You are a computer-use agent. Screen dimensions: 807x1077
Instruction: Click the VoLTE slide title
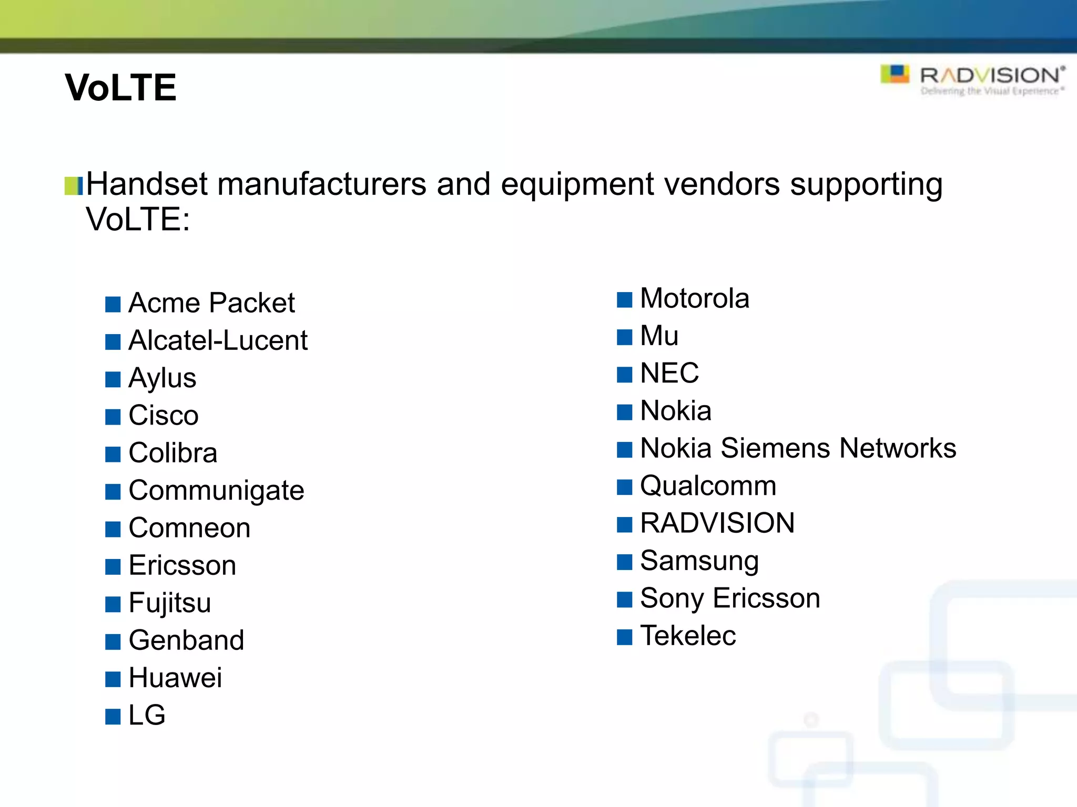(120, 87)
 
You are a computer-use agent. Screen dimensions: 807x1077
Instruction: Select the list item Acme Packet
(211, 303)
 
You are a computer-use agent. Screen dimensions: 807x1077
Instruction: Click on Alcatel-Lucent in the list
(218, 340)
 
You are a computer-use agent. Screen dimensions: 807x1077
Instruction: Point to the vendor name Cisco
(164, 416)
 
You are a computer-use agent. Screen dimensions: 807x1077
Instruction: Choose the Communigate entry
(216, 491)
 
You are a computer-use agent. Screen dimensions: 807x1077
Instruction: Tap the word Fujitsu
(170, 603)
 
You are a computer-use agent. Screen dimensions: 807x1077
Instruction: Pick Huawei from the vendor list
(175, 678)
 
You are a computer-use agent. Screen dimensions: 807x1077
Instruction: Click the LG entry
(147, 715)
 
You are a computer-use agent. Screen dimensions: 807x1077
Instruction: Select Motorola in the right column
(694, 298)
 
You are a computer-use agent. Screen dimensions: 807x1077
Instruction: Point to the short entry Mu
(659, 336)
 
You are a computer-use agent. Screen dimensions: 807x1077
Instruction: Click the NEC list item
(669, 374)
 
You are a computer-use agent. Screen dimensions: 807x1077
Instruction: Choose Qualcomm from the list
(708, 486)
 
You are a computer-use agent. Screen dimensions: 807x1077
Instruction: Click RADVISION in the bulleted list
(717, 523)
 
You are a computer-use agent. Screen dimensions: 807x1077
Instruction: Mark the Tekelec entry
(688, 636)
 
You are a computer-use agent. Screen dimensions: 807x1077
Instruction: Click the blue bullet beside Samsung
(624, 562)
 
